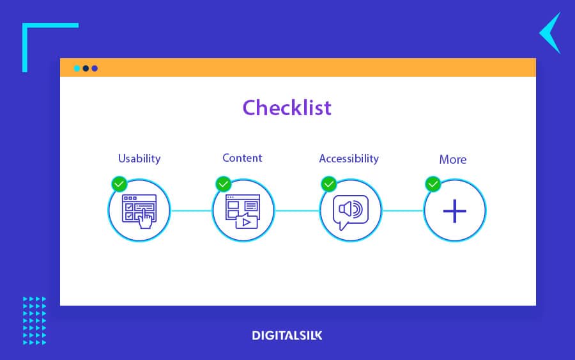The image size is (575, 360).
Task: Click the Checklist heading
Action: pyautogui.click(x=287, y=107)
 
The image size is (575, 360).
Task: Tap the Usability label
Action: pyautogui.click(x=139, y=159)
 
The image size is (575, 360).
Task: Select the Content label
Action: pyautogui.click(x=242, y=158)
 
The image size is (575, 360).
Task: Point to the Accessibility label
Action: pyautogui.click(x=349, y=159)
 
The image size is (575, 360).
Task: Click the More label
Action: pyautogui.click(x=453, y=159)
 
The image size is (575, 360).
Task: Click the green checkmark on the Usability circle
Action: pyautogui.click(x=119, y=184)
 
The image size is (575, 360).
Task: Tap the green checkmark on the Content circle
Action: pyautogui.click(x=224, y=184)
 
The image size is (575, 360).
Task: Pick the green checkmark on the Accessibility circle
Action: pyautogui.click(x=328, y=184)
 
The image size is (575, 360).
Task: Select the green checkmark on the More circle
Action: pyautogui.click(x=433, y=184)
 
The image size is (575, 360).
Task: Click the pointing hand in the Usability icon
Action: pyautogui.click(x=146, y=219)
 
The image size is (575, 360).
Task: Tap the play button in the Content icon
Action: pyautogui.click(x=247, y=222)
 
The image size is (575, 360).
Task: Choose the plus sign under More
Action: pyautogui.click(x=455, y=211)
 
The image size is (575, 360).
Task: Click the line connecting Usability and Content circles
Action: pyautogui.click(x=192, y=210)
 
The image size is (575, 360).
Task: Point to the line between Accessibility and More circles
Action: pyautogui.click(x=402, y=210)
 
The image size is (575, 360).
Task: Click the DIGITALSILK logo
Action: pyautogui.click(x=287, y=335)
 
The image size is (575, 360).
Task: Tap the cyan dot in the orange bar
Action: pyautogui.click(x=77, y=68)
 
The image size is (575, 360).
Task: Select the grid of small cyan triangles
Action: pyautogui.click(x=34, y=321)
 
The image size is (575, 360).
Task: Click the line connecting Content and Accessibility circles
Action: pyautogui.click(x=297, y=210)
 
